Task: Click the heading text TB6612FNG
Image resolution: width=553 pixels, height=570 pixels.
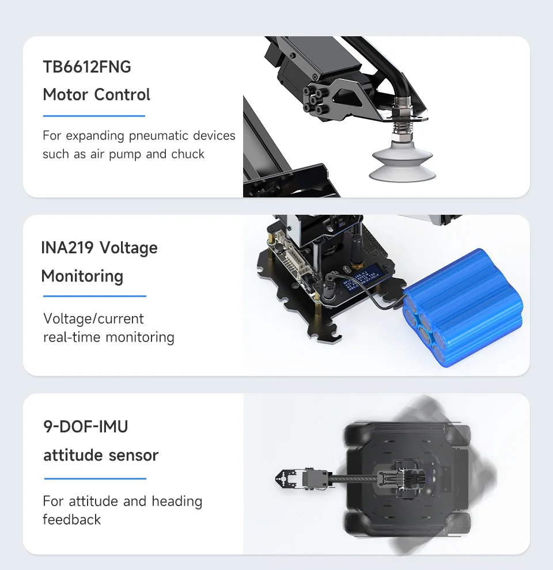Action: click(x=87, y=67)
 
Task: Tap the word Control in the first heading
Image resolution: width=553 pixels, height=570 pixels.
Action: click(x=122, y=94)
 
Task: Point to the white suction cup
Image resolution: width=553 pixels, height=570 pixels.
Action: click(x=403, y=160)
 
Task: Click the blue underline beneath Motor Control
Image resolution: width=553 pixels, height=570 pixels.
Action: click(x=94, y=116)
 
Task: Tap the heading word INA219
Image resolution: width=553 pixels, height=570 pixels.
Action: click(x=67, y=248)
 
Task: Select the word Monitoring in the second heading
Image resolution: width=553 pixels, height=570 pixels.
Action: click(x=82, y=276)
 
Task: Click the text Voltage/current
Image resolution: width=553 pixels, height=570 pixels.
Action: click(x=93, y=319)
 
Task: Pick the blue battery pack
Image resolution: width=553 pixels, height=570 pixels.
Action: click(x=463, y=308)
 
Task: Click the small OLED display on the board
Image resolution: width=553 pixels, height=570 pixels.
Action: click(x=361, y=280)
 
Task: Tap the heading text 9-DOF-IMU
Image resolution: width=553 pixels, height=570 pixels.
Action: click(x=85, y=427)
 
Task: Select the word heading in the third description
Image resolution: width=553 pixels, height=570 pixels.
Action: click(x=177, y=501)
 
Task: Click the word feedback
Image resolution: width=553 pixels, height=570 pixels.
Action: click(x=71, y=519)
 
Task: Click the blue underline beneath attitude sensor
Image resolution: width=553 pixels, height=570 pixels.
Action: click(x=95, y=478)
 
